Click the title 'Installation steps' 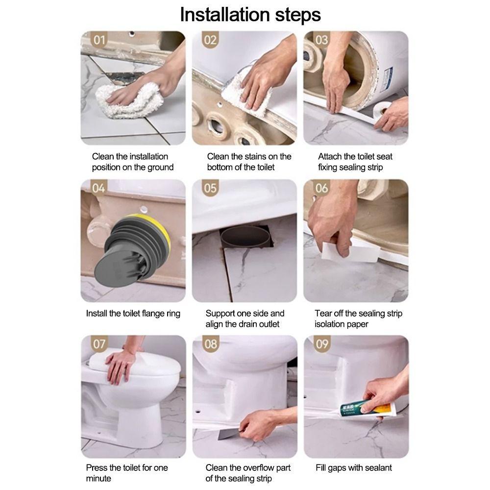click(x=250, y=15)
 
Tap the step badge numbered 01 click(x=99, y=40)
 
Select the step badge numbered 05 click(x=210, y=188)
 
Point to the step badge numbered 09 click(x=322, y=344)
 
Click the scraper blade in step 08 click(x=230, y=434)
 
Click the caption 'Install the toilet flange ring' click(x=133, y=314)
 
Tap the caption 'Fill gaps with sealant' click(x=353, y=468)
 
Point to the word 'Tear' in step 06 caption click(x=323, y=314)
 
